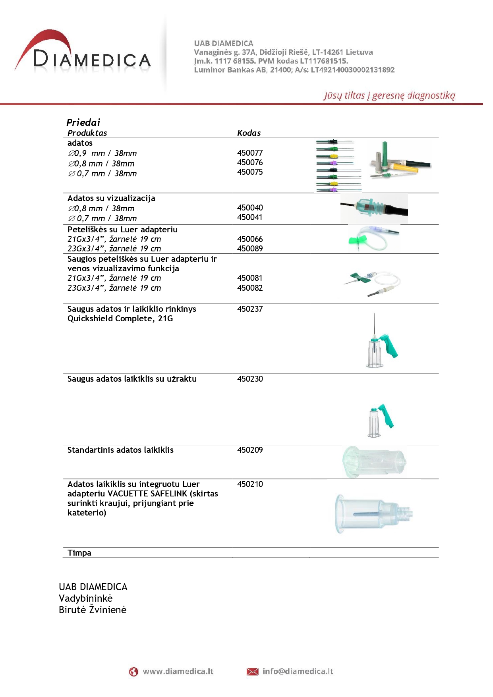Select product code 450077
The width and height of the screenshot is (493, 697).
(x=250, y=153)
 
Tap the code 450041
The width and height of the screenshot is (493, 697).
(x=250, y=217)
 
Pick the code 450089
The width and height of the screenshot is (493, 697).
(x=250, y=249)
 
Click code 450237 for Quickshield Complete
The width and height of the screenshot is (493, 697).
(x=250, y=309)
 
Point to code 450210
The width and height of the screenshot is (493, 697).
(x=250, y=484)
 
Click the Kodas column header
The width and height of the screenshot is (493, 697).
(x=249, y=133)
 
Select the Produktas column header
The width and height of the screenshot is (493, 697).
(x=87, y=133)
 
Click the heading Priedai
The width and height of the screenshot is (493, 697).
(x=83, y=122)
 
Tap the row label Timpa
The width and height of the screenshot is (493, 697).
(x=79, y=553)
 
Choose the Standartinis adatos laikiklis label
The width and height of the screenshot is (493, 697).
(x=120, y=450)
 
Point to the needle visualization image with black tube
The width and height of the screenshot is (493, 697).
(x=374, y=208)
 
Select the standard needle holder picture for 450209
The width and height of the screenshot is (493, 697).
(x=374, y=462)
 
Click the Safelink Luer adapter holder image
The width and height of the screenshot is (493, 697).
(x=373, y=513)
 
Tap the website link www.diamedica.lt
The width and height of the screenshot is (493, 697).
(x=178, y=672)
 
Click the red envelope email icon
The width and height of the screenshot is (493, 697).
(x=252, y=672)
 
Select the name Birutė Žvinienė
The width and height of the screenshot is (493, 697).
(x=93, y=610)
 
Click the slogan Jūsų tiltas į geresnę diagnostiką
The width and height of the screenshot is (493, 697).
(x=389, y=95)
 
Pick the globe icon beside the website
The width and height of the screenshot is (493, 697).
(x=133, y=672)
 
